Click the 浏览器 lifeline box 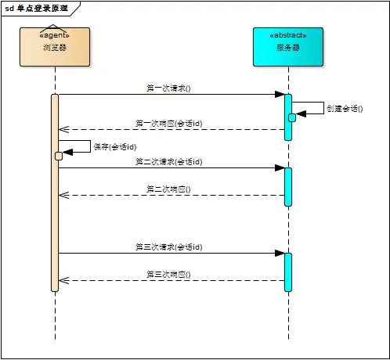point(55,47)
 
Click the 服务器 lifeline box point(287,47)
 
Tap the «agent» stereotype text point(55,35)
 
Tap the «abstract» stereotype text point(287,36)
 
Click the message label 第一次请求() point(168,88)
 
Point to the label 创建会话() point(345,109)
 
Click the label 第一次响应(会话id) point(168,124)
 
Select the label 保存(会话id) point(115,146)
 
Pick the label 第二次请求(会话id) point(168,161)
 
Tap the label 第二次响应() point(168,189)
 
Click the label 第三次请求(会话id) point(168,247)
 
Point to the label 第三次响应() point(168,275)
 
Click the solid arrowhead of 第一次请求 point(279,95)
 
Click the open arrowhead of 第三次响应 point(64,280)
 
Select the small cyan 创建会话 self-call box point(292,117)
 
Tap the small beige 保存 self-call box point(59,156)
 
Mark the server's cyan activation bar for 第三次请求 point(288,272)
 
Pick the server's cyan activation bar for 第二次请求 point(288,186)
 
